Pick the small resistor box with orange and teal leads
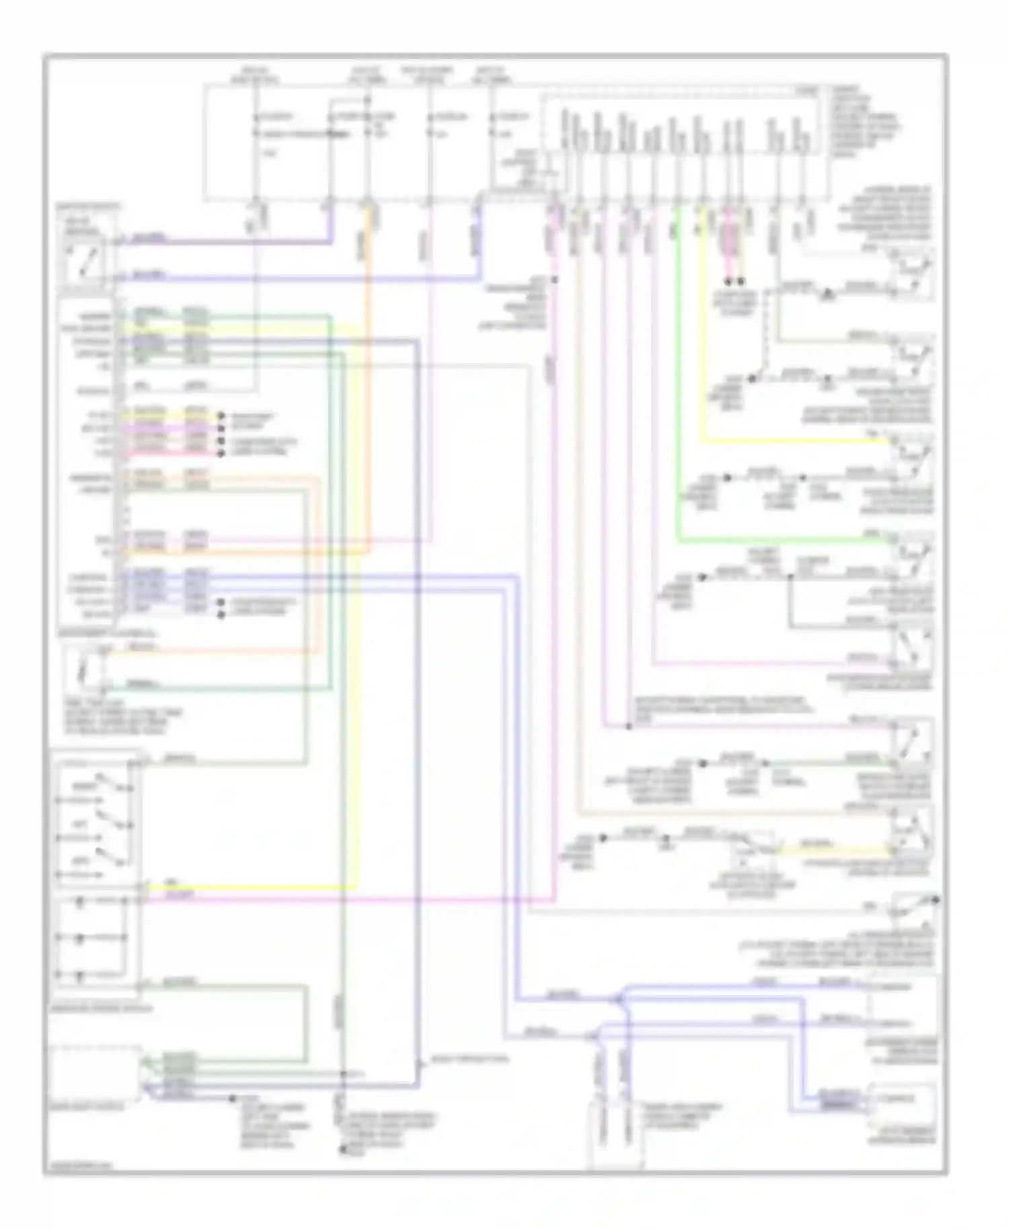83,669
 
